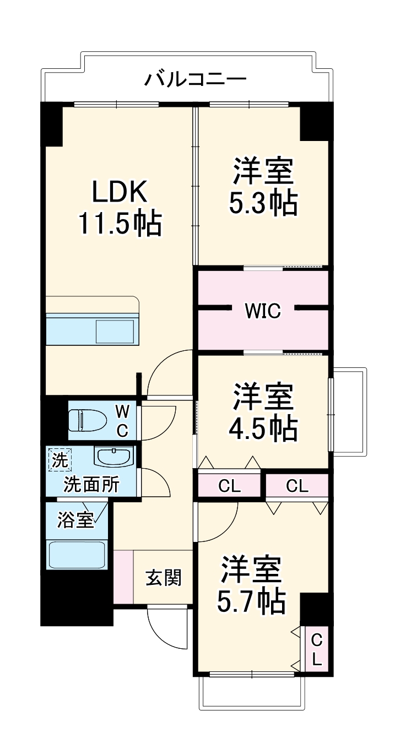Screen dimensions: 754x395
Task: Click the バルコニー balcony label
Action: tap(195, 79)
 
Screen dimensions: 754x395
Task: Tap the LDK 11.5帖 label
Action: tap(120, 208)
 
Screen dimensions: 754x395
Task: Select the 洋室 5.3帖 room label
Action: tap(263, 187)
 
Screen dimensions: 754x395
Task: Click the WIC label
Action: tap(263, 311)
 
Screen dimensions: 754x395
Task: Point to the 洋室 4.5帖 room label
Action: tap(263, 413)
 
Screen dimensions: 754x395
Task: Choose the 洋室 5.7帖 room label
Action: tap(252, 585)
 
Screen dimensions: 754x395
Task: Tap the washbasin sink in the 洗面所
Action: tap(113, 457)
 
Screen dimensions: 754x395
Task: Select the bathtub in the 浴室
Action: tap(77, 554)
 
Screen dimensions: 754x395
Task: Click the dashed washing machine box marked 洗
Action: tap(58, 460)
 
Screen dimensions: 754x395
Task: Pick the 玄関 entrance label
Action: tap(163, 578)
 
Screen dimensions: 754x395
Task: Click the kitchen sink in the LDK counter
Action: tap(115, 331)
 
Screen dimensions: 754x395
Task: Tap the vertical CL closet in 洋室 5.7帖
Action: tap(317, 649)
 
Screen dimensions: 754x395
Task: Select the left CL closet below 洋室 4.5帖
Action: tap(229, 486)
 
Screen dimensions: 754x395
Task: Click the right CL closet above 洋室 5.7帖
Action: tap(297, 486)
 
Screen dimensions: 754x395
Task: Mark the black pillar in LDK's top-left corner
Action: tap(52, 124)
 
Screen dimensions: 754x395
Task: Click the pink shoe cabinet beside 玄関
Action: tap(123, 576)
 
